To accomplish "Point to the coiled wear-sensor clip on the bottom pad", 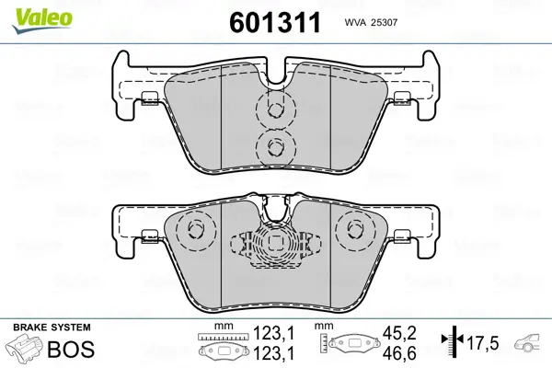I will point(274,247).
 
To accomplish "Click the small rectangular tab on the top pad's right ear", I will point(400,100).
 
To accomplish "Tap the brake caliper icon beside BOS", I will point(25,350).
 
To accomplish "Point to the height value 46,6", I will point(392,352).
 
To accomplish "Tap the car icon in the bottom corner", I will point(530,342).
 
